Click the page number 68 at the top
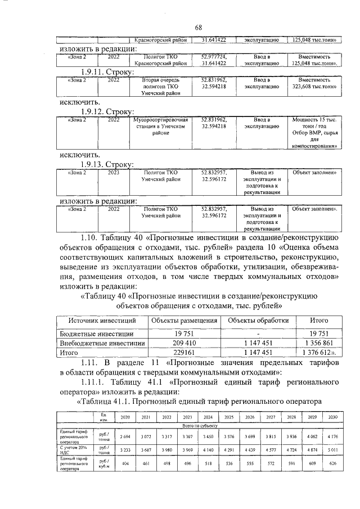(199, 27)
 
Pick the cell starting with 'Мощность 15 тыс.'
(314, 133)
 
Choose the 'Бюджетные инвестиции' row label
(93, 332)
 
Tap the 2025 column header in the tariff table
(229, 417)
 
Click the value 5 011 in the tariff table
(333, 450)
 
